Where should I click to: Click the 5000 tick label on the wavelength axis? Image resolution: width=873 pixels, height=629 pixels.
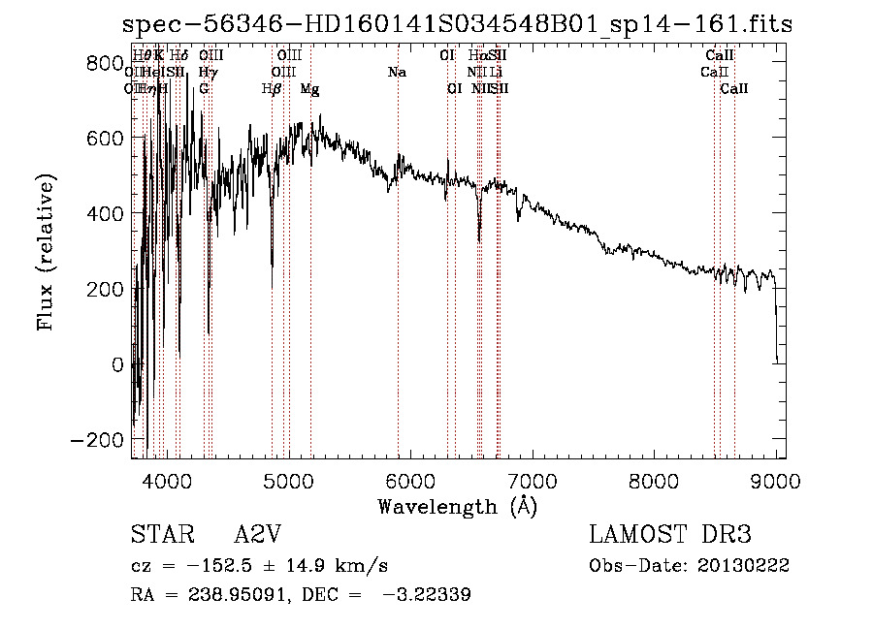[x=288, y=479]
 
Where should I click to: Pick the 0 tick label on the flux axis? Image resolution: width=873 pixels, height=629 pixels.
[x=118, y=364]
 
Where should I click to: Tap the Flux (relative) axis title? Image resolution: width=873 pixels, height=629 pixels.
[x=47, y=252]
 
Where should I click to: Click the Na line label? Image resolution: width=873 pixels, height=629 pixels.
[x=397, y=73]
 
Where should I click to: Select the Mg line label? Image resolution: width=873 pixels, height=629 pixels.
[x=310, y=89]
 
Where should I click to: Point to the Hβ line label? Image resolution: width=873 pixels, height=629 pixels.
[x=272, y=89]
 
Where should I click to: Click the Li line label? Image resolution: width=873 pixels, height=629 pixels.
[x=496, y=73]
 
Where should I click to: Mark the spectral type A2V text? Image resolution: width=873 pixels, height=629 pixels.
[x=257, y=536]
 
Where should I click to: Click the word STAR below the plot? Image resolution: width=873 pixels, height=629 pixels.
[x=157, y=536]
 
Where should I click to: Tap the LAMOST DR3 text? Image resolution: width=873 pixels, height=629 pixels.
[x=670, y=536]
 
